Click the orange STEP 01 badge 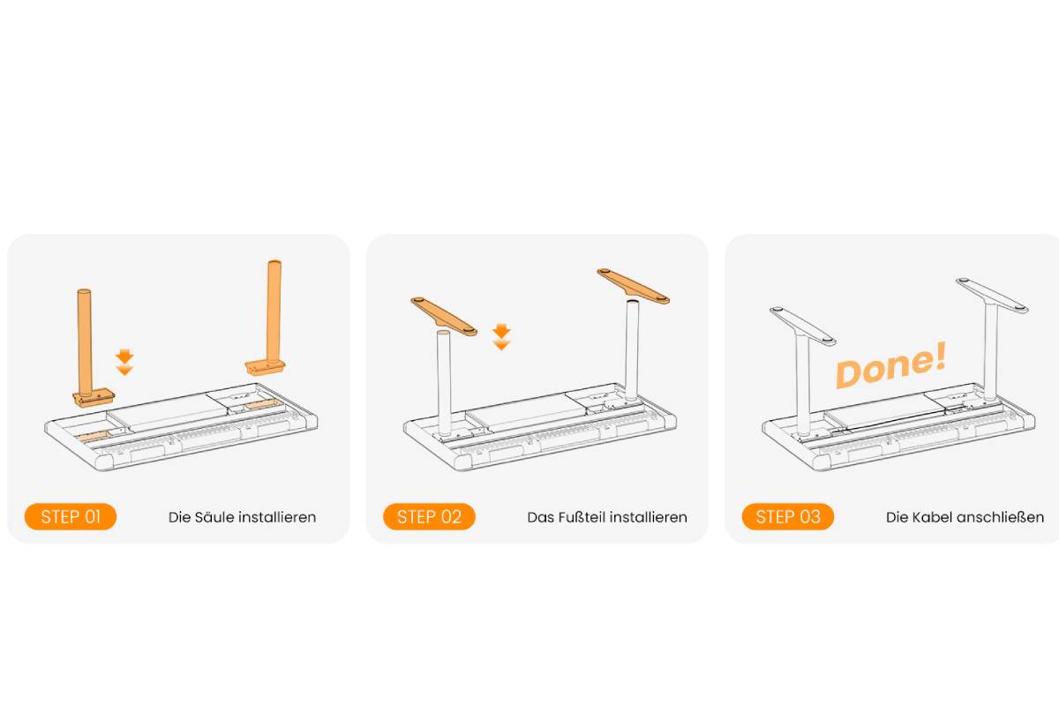(71, 516)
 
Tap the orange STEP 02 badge (429, 516)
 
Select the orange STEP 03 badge (787, 516)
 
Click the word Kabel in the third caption (930, 517)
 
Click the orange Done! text (890, 364)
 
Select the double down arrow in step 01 (124, 362)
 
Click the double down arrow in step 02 (501, 337)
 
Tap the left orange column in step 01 (85, 345)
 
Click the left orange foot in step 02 (444, 316)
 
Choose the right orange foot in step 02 (633, 286)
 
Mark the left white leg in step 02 (444, 382)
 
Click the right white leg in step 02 (632, 350)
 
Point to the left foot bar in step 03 (802, 326)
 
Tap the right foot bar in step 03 (992, 295)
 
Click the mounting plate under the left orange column (94, 397)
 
